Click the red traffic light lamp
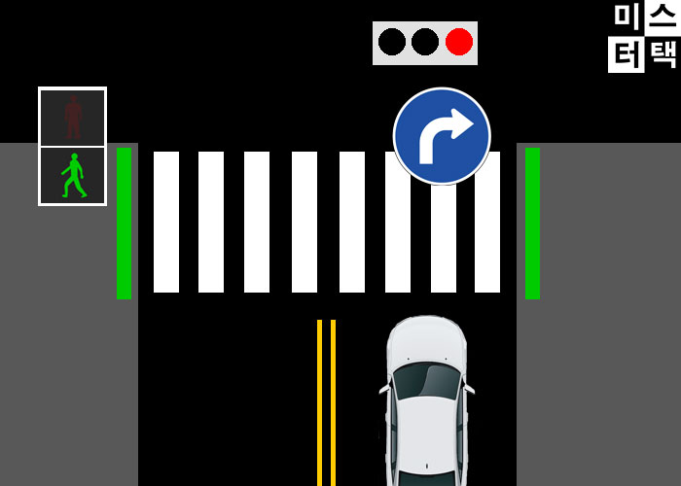click(459, 42)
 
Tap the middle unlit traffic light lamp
click(425, 42)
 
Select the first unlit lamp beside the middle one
click(392, 42)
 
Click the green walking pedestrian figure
click(73, 176)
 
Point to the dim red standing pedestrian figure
click(73, 117)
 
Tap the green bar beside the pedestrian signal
click(124, 223)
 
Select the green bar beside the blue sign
click(532, 223)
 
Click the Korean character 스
click(663, 17)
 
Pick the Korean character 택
click(663, 53)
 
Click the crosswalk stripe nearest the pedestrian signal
click(166, 222)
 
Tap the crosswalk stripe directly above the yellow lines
click(305, 222)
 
